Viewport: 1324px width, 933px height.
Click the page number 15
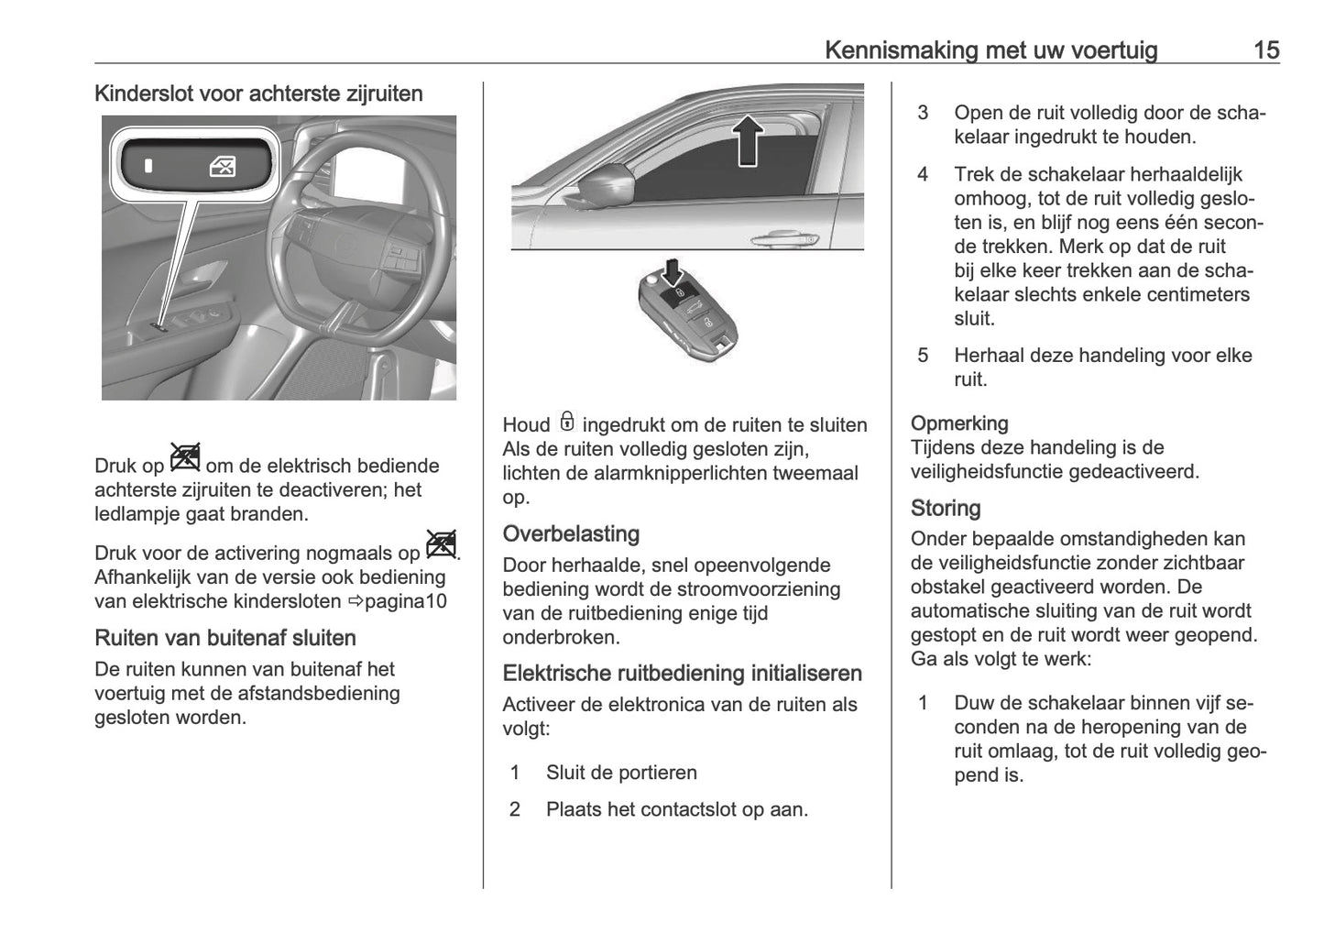click(1265, 49)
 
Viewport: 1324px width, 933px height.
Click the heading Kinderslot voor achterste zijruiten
click(258, 93)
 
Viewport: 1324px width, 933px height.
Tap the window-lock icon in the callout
click(223, 167)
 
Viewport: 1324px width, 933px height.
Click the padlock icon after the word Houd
click(567, 423)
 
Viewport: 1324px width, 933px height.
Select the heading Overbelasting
click(571, 533)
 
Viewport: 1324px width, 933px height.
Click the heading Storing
click(946, 508)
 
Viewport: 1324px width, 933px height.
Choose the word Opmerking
click(959, 423)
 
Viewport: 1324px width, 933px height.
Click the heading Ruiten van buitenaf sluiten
click(225, 638)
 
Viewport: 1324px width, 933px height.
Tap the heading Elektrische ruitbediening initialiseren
click(682, 674)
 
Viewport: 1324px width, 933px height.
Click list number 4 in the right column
click(923, 174)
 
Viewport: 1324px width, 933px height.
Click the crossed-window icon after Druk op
click(184, 456)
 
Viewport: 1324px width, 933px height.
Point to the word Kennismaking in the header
click(901, 49)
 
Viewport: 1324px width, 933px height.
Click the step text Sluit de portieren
click(621, 773)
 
